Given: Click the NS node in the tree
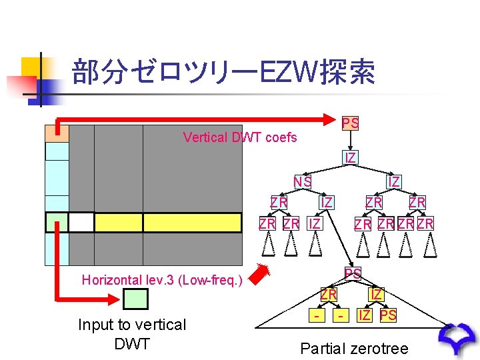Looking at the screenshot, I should [303, 181].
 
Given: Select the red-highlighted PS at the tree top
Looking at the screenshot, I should [351, 123].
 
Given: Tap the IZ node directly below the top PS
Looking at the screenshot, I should [350, 158].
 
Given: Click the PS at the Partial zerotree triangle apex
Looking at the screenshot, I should [353, 273].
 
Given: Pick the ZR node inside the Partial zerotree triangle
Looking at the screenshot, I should [328, 293].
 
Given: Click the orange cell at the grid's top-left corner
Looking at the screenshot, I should [57, 133].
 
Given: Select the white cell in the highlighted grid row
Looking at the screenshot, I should [81, 222].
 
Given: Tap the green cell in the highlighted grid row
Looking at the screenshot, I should [57, 222].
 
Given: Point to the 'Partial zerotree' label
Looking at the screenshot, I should [354, 348].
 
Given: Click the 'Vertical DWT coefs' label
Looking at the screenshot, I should [240, 138].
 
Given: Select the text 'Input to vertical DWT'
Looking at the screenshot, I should [132, 333].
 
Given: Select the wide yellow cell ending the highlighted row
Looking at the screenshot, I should [191, 222].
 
